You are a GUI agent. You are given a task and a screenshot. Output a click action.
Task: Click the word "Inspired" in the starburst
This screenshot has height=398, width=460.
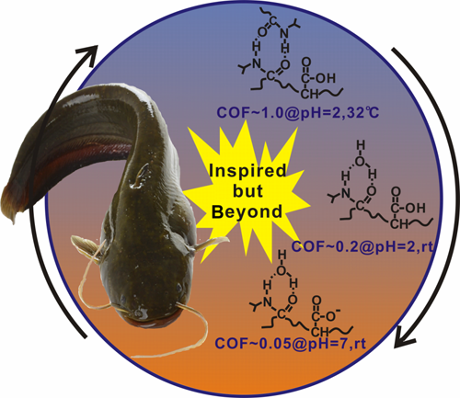[247, 171]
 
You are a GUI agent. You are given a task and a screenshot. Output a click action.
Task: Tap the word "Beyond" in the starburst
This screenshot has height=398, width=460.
[247, 211]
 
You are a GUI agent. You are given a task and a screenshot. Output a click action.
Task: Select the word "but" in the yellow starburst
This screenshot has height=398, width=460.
[247, 191]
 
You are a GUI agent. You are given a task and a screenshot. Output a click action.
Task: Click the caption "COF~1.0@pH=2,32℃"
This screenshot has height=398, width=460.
[298, 112]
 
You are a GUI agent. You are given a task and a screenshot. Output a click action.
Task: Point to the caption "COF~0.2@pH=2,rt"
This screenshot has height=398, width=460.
[362, 245]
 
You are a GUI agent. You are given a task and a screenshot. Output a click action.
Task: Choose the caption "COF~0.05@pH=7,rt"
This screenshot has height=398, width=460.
[291, 343]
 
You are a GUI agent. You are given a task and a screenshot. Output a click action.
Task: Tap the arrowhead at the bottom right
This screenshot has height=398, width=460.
[406, 338]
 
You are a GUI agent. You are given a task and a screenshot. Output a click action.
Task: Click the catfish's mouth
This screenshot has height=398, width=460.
[148, 321]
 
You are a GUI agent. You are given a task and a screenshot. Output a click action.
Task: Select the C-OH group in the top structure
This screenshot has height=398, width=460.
[318, 78]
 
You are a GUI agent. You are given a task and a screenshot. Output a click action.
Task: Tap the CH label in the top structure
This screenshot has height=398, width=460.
[309, 94]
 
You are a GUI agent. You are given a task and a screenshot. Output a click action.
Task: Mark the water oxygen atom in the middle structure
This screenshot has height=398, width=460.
[361, 162]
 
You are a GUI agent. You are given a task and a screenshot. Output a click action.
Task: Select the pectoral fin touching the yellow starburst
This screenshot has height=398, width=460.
[212, 243]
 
